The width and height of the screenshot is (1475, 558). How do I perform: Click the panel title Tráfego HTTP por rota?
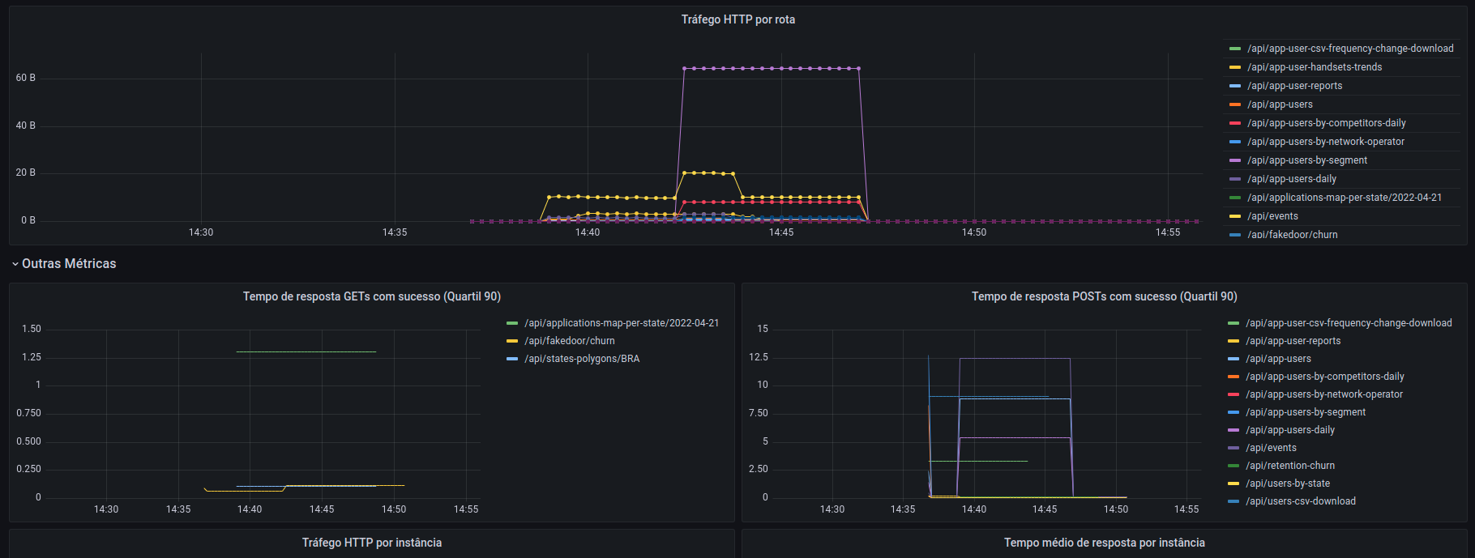[737, 19]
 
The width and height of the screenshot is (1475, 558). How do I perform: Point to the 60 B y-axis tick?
[26, 78]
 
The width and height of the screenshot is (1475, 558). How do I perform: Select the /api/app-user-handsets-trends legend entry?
[1314, 67]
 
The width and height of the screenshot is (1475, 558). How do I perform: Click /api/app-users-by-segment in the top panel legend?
[1306, 160]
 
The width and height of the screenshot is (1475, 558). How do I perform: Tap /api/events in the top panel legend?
[1272, 216]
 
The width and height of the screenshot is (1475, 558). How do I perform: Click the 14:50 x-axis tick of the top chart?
[974, 232]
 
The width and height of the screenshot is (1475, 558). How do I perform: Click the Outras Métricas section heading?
[69, 264]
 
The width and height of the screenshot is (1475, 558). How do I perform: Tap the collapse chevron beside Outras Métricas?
[15, 264]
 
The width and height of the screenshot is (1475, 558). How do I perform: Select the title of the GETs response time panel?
[371, 296]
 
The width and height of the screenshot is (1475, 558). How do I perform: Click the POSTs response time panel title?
[1104, 296]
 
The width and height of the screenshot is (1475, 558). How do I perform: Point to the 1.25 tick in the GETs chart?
[32, 357]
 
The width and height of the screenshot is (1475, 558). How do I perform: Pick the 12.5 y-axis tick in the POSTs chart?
[759, 357]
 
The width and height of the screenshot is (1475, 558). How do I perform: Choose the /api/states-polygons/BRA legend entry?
[581, 359]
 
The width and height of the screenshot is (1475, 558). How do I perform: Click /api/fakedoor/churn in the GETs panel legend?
[569, 341]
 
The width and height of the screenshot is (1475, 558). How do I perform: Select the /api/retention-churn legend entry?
[1289, 466]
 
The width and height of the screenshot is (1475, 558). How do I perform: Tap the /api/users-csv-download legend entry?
[1300, 501]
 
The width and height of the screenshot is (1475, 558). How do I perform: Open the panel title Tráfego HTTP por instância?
[371, 543]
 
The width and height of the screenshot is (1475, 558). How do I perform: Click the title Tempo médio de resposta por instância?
[1104, 543]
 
